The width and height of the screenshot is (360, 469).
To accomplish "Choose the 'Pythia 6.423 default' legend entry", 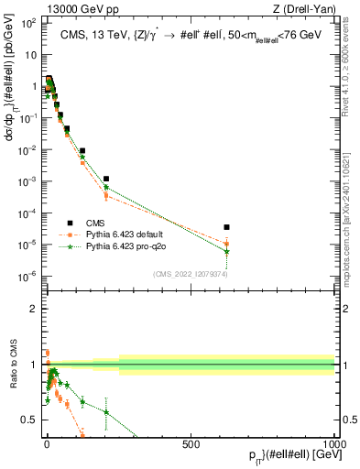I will click(126, 234).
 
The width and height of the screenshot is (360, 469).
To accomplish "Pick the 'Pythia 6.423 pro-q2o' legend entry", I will click(127, 246).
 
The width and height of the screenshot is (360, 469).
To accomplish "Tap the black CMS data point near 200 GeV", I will click(106, 179).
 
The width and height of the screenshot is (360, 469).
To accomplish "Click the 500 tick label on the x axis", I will click(191, 443).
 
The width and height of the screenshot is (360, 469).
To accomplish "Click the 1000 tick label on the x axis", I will click(333, 443).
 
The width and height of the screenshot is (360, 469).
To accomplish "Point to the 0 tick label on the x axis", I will click(47, 443).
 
